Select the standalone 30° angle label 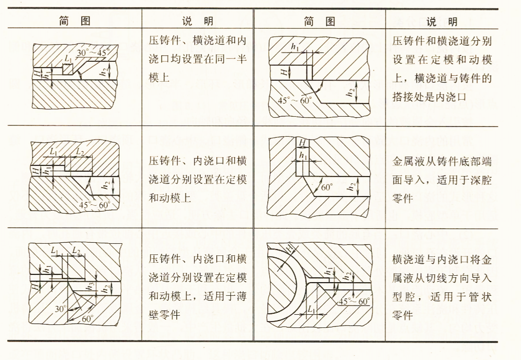click(60, 308)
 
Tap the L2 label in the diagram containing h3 click(76, 251)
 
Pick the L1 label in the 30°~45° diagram click(68, 59)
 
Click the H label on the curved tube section click(291, 250)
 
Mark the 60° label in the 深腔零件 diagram click(326, 187)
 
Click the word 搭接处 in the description click(406, 97)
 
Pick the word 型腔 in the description click(404, 297)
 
